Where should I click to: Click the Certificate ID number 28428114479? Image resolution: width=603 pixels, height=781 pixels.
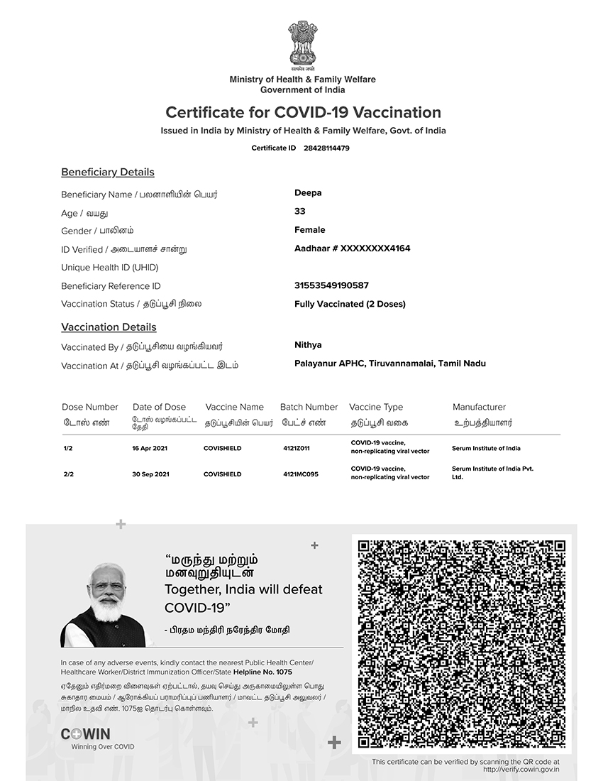(326, 148)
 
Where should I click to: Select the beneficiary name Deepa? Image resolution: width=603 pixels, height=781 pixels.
(308, 193)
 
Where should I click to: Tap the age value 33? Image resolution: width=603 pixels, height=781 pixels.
(300, 212)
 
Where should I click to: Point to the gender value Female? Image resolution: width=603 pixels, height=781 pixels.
(310, 230)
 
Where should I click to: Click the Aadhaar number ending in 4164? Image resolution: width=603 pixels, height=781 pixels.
(353, 248)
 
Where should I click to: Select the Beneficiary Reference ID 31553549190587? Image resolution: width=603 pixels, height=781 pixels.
(331, 285)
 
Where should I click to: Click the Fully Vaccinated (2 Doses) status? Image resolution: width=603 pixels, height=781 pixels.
(350, 304)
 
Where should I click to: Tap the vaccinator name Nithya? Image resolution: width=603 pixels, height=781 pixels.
(308, 345)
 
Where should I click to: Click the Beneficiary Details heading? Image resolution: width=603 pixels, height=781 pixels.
(108, 172)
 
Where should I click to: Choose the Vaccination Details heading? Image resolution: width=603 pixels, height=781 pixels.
(109, 327)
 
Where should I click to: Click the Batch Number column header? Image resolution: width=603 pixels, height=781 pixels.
(309, 407)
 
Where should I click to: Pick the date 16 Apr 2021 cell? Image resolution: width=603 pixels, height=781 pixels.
(150, 449)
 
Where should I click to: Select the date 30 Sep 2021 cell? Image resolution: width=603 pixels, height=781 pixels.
(150, 474)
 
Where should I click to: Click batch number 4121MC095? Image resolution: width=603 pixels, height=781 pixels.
(301, 474)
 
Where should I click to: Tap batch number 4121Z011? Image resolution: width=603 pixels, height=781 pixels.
(297, 449)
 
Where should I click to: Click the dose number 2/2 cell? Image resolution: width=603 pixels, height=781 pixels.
(68, 474)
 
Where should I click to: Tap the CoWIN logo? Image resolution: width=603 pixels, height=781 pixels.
(85, 734)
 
